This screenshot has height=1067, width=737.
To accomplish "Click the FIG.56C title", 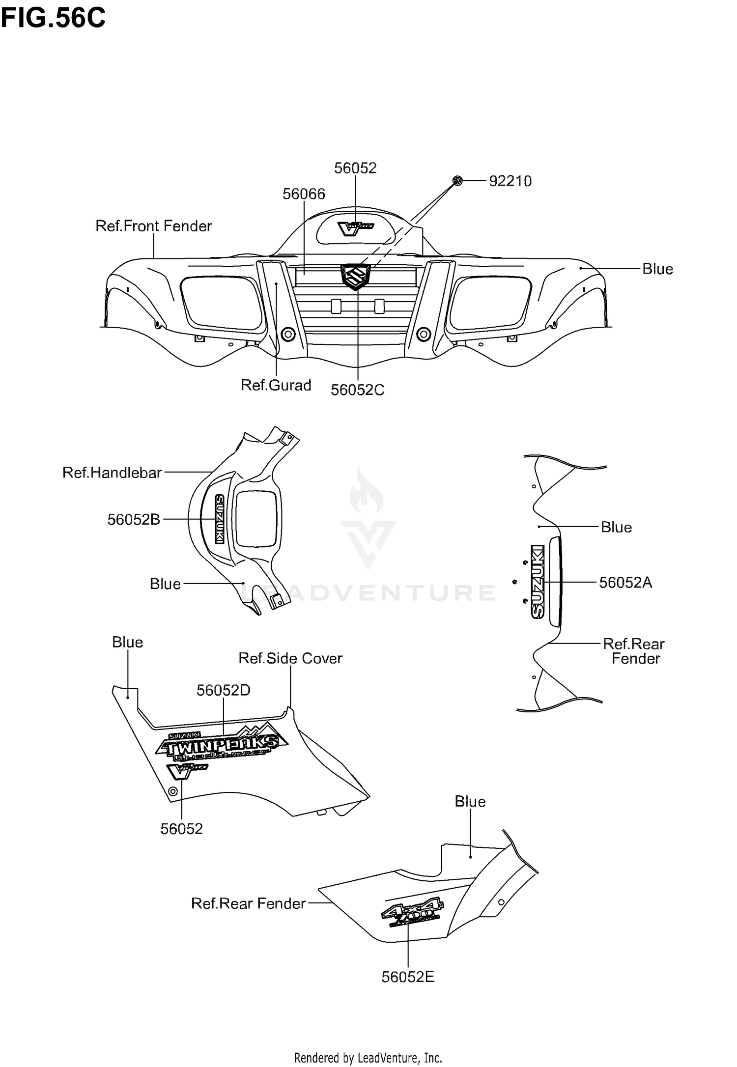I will (53, 18).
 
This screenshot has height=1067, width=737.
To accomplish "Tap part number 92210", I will (510, 181).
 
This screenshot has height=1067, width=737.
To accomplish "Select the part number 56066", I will (304, 194).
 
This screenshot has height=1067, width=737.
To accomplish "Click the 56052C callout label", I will (357, 390).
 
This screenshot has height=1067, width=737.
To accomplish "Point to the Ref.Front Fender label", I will (153, 226).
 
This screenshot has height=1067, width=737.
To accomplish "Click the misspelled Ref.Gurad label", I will (276, 385).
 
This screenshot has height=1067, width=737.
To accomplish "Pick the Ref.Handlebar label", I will (112, 473).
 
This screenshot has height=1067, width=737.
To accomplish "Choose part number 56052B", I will (134, 519).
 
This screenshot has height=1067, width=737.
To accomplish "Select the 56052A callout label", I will (625, 583).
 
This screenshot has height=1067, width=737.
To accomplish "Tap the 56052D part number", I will (224, 690).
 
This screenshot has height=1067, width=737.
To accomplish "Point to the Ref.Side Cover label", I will (290, 658).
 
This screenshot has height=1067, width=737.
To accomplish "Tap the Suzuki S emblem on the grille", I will (355, 277).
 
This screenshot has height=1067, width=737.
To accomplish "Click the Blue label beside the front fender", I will (657, 269).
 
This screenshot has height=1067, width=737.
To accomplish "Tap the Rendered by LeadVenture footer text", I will (368, 1057).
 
